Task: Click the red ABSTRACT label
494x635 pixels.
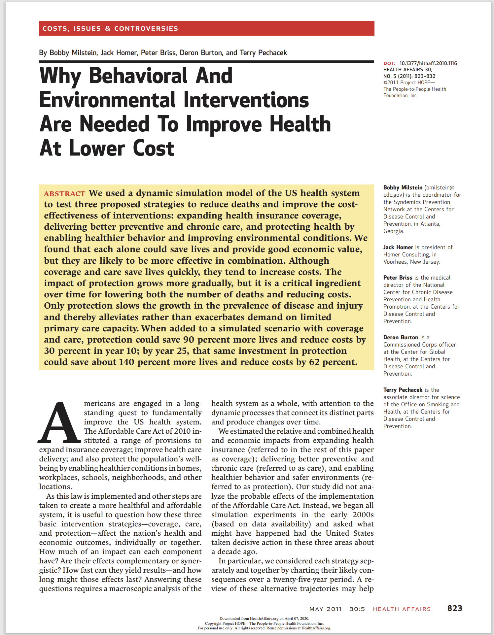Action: coord(64,194)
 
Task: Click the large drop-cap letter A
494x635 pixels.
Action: coord(59,423)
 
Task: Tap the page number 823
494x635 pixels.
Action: coord(455,608)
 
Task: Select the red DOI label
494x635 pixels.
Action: coord(389,63)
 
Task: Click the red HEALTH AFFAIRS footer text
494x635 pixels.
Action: coord(402,609)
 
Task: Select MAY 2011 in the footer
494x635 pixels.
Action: coord(325,609)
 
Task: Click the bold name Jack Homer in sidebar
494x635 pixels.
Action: coord(398,247)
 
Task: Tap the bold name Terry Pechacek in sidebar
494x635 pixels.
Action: coord(403,390)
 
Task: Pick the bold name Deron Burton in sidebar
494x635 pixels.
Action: coord(401,337)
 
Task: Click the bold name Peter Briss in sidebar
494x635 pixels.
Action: coord(398,278)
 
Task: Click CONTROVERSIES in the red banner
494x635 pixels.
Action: coord(146,29)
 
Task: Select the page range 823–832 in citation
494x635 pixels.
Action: coord(425,76)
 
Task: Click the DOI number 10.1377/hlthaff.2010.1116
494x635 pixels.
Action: coord(428,63)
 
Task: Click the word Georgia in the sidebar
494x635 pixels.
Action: coord(393,231)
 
